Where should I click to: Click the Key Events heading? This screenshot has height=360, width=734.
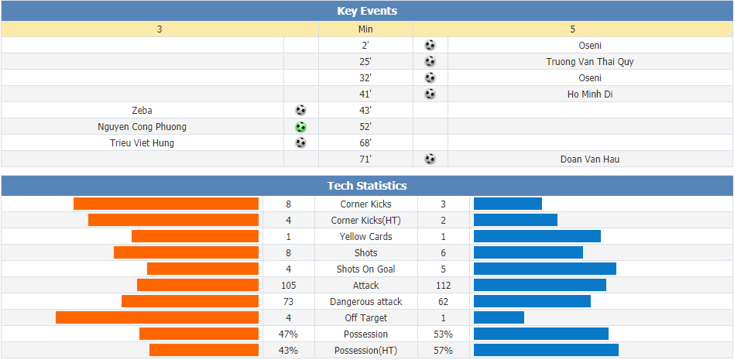coord(367,12)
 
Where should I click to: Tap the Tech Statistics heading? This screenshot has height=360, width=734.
coord(367,186)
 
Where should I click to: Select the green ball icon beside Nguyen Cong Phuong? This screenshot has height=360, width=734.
coord(301,127)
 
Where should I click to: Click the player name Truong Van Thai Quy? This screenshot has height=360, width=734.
coord(590,62)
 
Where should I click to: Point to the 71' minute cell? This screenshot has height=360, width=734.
coord(365,159)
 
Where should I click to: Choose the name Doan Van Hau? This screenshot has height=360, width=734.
coord(590,159)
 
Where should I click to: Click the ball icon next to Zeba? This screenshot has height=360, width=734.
coord(301,111)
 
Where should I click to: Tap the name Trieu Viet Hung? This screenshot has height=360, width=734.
coord(142,143)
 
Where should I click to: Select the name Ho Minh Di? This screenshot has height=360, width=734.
coord(590,94)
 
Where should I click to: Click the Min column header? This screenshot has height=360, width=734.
coord(365,29)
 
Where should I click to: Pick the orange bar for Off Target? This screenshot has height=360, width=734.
coord(157,318)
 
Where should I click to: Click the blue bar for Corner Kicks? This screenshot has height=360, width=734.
coord(508,204)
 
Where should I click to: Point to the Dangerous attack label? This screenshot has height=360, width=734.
coord(366,302)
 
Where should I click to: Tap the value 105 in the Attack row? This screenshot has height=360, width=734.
coord(288,286)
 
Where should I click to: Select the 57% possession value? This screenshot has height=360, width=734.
coord(444,351)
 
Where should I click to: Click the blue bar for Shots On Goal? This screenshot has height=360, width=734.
coord(545,269)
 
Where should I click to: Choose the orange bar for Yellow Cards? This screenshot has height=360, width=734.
coord(195,236)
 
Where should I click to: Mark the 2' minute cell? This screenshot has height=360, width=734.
coord(365,46)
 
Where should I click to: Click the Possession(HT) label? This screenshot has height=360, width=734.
coord(366,351)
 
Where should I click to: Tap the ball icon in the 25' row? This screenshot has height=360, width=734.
coord(430,62)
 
